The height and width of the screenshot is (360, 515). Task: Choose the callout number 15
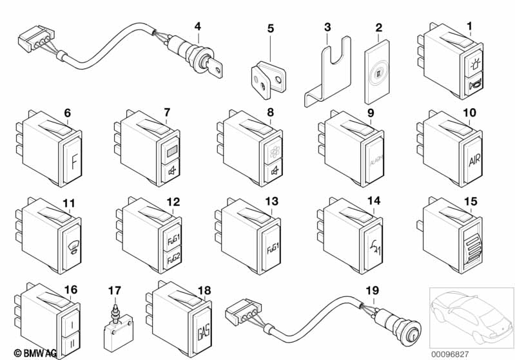[471, 202]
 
